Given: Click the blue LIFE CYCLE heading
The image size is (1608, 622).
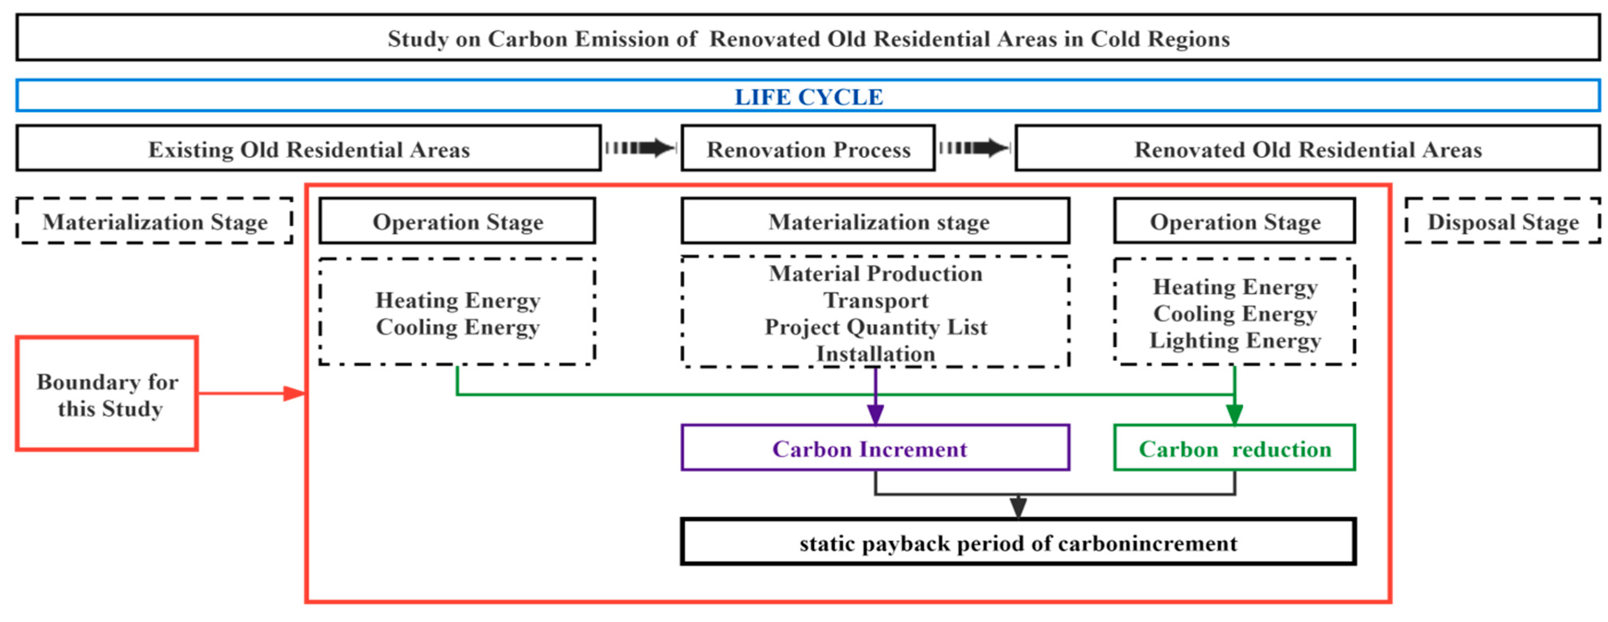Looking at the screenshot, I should point(808,97).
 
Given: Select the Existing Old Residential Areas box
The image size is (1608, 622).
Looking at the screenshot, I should point(308,149).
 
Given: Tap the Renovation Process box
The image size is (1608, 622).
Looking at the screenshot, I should point(808,149).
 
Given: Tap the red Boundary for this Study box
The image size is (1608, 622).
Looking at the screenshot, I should point(107,393).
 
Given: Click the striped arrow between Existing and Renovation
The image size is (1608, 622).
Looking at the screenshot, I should point(640,148).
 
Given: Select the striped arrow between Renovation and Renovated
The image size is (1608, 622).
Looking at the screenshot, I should point(974,148).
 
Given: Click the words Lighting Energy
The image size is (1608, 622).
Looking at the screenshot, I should point(1235,340).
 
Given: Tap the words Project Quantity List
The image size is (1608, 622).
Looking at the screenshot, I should point(875,327).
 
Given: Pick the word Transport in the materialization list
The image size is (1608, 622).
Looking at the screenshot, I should point(875,300).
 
